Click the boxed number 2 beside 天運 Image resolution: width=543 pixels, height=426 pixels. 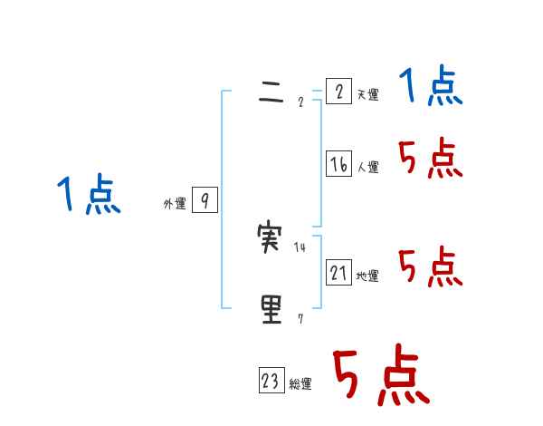(338, 92)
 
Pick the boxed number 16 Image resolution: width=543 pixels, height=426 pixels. (338, 164)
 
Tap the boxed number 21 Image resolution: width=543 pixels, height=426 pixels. (338, 273)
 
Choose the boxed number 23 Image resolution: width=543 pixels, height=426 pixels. (271, 382)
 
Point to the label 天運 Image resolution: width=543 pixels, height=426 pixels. (367, 94)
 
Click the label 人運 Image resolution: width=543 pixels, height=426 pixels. (367, 167)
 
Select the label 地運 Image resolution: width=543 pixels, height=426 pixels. (367, 276)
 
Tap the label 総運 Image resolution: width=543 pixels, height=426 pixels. (300, 384)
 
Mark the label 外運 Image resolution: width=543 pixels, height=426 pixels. (174, 204)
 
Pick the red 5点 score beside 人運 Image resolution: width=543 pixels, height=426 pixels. (431, 160)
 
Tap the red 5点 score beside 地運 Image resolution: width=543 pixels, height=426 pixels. (431, 267)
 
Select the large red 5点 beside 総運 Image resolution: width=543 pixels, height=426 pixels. (380, 376)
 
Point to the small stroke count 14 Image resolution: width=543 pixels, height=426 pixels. (300, 247)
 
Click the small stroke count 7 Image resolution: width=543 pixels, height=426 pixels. (300, 318)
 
